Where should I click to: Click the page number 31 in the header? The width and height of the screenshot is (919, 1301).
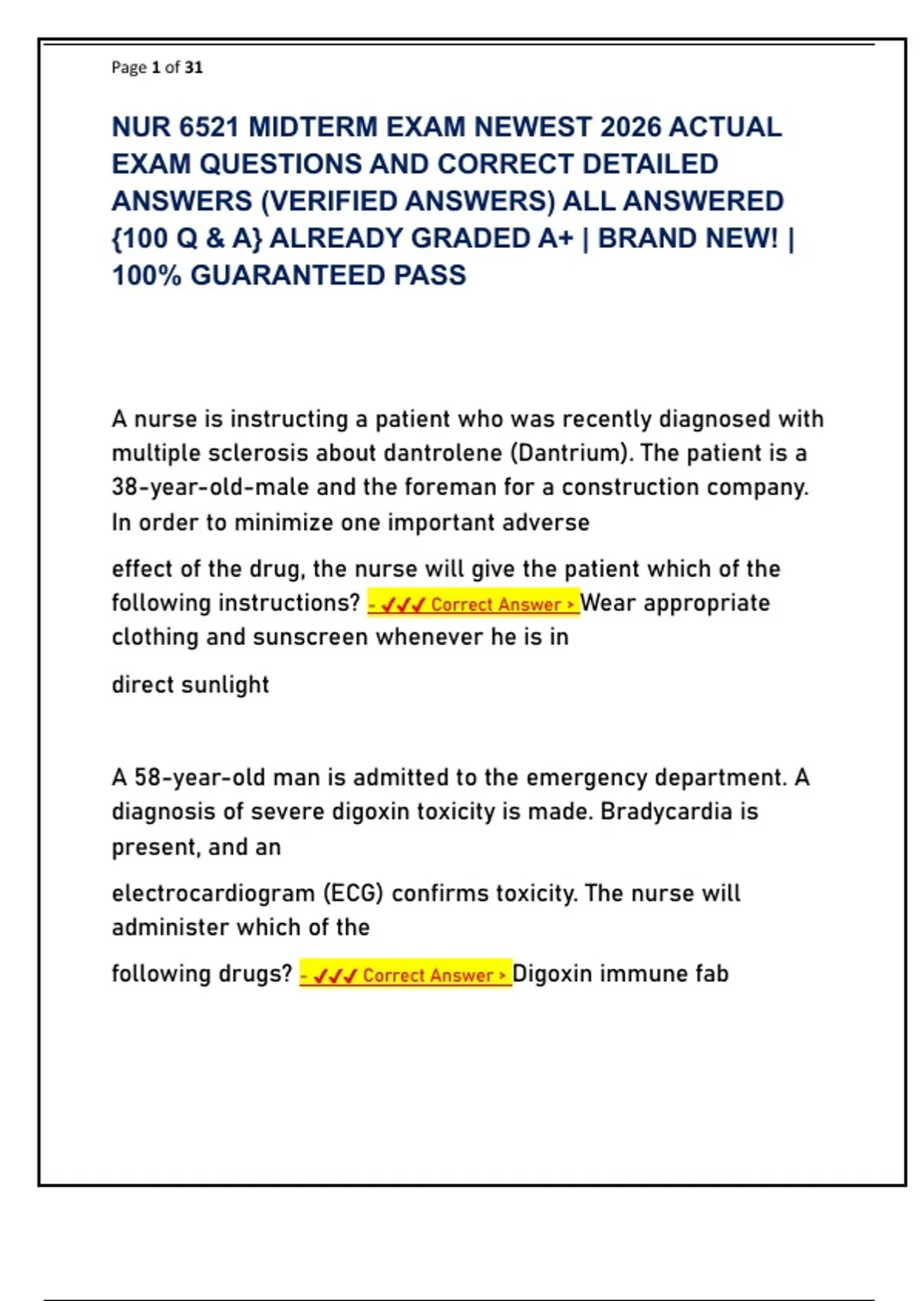(194, 67)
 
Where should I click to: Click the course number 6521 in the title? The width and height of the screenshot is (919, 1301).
(209, 127)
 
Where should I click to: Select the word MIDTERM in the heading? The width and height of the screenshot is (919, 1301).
(313, 127)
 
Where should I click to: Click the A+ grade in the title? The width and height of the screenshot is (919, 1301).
(555, 239)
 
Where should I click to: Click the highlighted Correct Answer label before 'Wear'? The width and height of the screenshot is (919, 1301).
(473, 605)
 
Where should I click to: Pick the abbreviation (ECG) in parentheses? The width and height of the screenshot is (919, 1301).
(353, 894)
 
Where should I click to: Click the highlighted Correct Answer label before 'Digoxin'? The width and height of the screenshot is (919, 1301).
(405, 975)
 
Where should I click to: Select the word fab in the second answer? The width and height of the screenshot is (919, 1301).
(712, 974)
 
